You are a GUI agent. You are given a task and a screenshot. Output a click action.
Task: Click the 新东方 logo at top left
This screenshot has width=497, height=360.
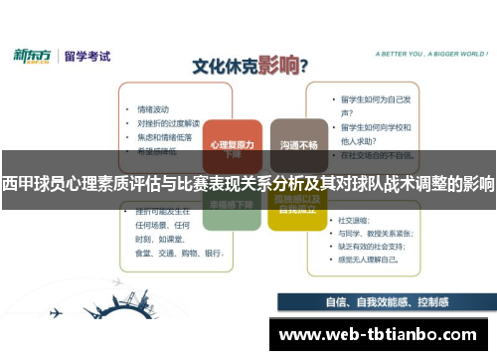32,56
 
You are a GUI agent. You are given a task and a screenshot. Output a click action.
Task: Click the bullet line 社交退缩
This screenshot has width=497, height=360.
354,219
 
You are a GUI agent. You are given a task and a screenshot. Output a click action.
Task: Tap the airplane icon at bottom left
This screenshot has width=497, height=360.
56,312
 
